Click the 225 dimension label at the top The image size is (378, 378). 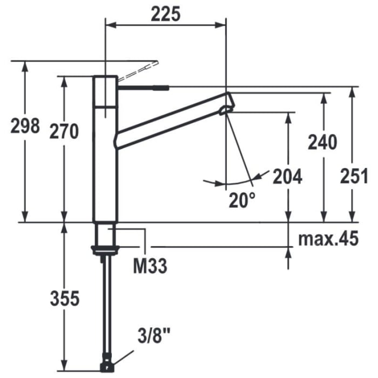[x=165, y=15]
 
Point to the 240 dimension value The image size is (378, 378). [x=322, y=142]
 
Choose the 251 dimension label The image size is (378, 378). [x=354, y=175]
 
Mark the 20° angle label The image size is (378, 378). [x=241, y=200]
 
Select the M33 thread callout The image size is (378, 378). [x=150, y=265]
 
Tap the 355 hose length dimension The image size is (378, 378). [x=65, y=298]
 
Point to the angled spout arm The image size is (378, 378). [x=173, y=120]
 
